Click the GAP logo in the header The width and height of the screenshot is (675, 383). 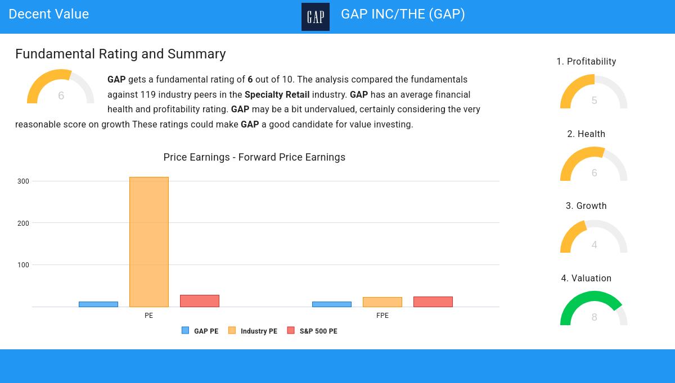(316, 17)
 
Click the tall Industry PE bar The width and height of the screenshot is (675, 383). (149, 241)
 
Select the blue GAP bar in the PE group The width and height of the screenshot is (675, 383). (98, 304)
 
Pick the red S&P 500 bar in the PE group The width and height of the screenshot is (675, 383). (200, 301)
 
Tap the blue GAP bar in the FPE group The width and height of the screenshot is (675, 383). (332, 304)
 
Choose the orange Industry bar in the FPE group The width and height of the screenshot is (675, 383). (382, 302)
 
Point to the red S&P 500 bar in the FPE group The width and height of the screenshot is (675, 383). (433, 302)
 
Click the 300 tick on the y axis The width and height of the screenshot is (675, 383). (23, 181)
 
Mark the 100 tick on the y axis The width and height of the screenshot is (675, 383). (23, 265)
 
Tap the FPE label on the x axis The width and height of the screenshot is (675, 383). (382, 316)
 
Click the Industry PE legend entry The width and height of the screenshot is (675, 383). (253, 331)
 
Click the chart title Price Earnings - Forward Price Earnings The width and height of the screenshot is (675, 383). (254, 157)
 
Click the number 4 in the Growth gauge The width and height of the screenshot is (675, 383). (595, 245)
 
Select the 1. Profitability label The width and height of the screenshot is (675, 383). (586, 61)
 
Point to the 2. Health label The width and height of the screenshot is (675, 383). (586, 134)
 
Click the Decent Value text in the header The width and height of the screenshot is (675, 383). (49, 14)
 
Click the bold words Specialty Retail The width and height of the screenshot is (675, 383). (277, 94)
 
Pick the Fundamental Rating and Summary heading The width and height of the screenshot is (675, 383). (120, 54)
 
